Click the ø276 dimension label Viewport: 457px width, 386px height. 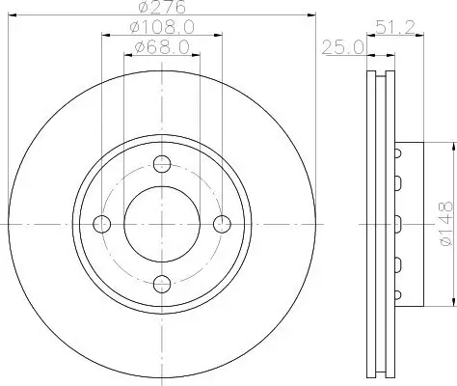coord(162,7)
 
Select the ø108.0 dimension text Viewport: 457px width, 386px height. coord(162,27)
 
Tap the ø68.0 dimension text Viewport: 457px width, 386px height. coord(162,47)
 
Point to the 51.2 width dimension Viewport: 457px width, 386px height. coord(395,27)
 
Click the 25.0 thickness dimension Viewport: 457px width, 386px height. coord(343,47)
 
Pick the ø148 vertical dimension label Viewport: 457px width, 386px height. coord(446,224)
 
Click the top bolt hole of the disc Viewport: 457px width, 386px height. coord(162,164)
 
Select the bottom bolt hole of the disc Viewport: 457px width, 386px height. coord(162,284)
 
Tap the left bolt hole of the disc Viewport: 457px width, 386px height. coord(102,224)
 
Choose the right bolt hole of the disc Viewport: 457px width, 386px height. coord(222,224)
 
